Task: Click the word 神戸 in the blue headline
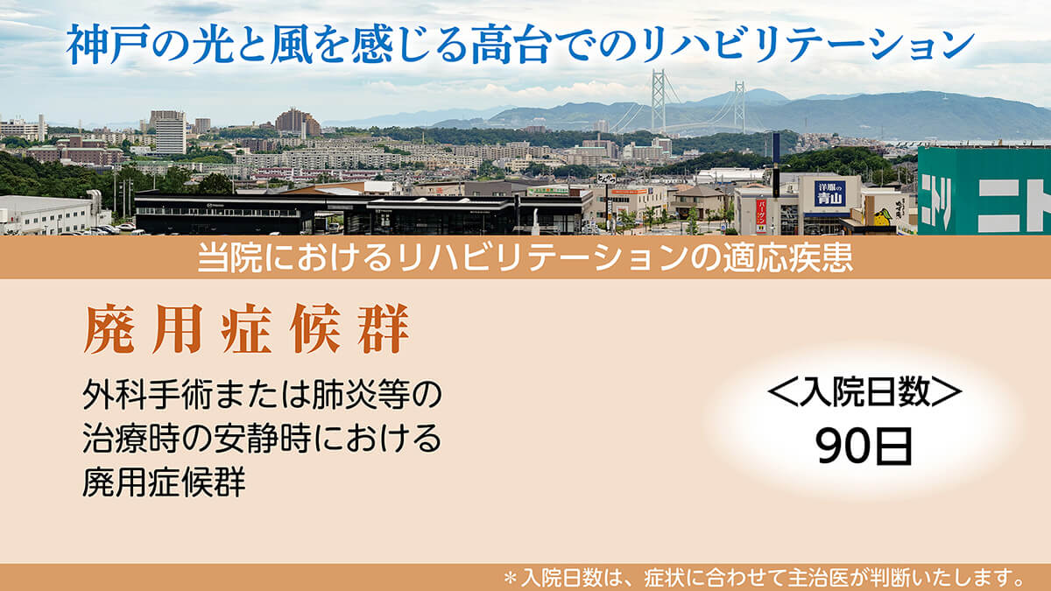coord(96,45)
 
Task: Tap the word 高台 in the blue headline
coord(511,45)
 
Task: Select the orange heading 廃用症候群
coord(247,328)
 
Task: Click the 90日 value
coord(864,446)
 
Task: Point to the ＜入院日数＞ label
coord(864,391)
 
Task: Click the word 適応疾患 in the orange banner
coord(787,257)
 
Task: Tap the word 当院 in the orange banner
coord(229,257)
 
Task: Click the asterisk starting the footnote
coord(510,577)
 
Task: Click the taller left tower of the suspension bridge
coord(658,101)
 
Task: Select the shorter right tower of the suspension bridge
coord(739,107)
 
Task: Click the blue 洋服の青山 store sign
coord(829,193)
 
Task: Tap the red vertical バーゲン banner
coord(760,215)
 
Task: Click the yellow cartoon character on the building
coord(883,218)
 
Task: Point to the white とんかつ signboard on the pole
coord(606,179)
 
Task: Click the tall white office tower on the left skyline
coord(170,135)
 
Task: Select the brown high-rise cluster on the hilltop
coord(298,123)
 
